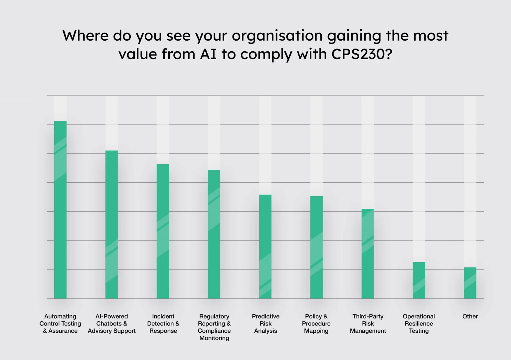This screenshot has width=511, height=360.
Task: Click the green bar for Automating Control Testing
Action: [60, 210]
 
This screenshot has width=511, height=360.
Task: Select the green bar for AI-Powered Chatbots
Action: [111, 225]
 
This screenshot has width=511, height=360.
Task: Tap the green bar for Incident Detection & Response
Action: [163, 231]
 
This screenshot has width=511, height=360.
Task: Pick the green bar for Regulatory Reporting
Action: [214, 234]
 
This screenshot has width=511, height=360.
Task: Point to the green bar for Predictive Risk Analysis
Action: [265, 247]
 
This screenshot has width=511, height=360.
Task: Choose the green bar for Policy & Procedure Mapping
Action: [316, 247]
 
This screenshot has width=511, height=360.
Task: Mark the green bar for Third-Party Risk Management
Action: [368, 254]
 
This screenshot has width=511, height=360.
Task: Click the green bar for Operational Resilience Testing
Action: [419, 280]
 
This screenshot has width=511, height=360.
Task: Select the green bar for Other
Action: [470, 283]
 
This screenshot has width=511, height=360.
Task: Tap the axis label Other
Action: [470, 316]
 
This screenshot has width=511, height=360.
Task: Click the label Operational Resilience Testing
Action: [419, 323]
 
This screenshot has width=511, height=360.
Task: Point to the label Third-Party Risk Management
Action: [368, 323]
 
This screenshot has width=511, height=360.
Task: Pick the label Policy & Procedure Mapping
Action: [316, 323]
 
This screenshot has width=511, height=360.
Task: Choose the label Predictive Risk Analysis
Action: [265, 323]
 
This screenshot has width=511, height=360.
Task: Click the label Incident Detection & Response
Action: [163, 323]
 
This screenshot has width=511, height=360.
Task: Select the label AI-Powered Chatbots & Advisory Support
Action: [112, 323]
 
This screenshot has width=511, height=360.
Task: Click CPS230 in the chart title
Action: [362, 54]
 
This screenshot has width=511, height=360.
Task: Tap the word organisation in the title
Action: [277, 36]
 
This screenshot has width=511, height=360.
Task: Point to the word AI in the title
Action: [208, 54]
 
